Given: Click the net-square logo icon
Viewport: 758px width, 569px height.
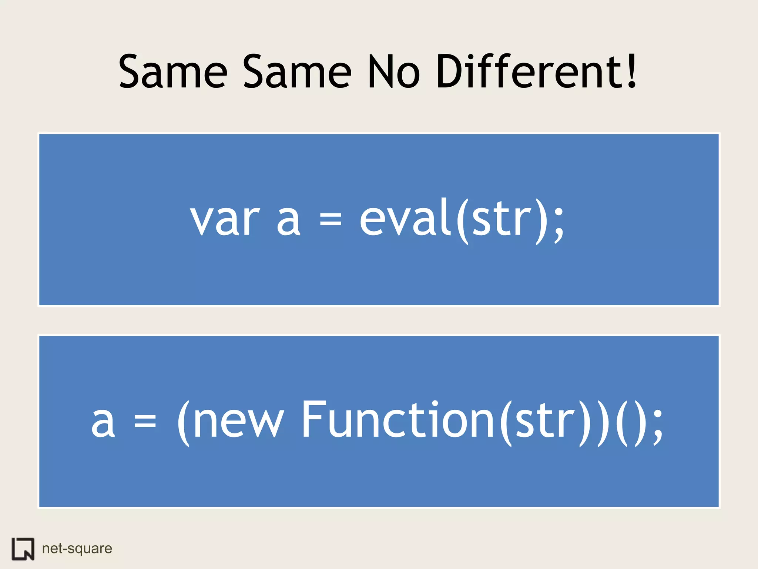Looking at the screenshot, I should coord(23,549).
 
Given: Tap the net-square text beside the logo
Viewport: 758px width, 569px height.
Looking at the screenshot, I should coord(77,549).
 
